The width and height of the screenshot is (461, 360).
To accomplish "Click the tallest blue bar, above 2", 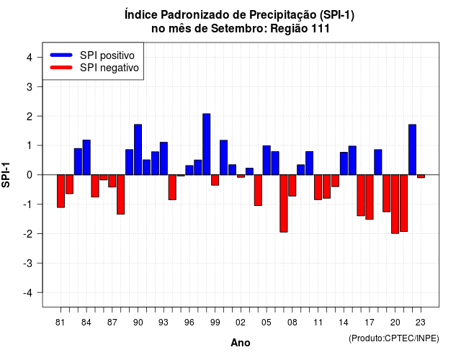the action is [207, 144].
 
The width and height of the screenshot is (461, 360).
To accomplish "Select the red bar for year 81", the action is [61, 191].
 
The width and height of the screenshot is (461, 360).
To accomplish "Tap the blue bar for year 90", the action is [138, 150].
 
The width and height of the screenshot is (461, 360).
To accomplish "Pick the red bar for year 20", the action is [395, 204].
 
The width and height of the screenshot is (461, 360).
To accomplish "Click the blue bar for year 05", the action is [267, 160].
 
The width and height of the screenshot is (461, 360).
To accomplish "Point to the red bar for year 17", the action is [370, 197].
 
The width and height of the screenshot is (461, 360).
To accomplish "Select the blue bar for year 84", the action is [86, 158].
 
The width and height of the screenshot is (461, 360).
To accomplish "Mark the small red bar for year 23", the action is [421, 176].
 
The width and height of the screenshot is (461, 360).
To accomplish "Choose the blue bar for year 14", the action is [344, 163].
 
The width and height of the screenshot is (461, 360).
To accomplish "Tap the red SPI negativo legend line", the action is [61, 68].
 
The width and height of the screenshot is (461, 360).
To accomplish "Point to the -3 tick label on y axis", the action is [28, 264].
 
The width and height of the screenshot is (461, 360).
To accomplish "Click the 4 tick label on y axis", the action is [30, 58].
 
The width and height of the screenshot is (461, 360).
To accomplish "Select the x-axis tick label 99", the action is [215, 323].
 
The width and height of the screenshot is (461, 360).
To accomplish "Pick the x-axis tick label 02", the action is [241, 323].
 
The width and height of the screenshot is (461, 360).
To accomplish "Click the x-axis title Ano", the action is [241, 343].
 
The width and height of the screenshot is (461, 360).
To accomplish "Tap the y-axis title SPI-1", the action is [6, 175].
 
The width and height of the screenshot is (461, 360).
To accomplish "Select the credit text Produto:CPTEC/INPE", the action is [394, 338].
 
